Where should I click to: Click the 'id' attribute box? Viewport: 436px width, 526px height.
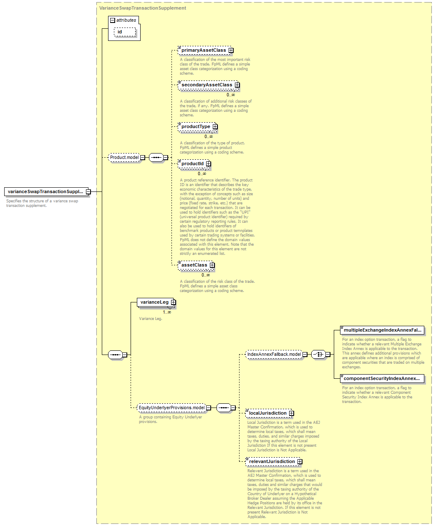point(125,32)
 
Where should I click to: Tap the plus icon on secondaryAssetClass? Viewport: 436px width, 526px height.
point(237,85)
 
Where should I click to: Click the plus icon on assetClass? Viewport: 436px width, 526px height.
point(212,265)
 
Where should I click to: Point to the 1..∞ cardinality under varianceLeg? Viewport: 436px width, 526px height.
point(167,312)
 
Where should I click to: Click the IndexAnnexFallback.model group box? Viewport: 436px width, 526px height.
point(274,354)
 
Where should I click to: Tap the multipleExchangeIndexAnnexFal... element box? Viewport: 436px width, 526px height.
point(382,330)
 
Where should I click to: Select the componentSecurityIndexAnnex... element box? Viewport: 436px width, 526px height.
point(382,378)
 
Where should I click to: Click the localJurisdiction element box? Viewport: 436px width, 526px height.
point(268,413)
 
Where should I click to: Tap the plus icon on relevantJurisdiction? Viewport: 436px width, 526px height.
point(300,461)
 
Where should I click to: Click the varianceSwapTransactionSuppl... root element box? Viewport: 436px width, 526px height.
point(46,192)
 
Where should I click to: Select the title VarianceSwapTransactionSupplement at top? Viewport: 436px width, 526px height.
point(143,8)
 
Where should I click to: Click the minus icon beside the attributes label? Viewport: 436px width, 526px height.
point(113,20)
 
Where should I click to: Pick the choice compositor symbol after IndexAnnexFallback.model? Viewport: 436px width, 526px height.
point(319,355)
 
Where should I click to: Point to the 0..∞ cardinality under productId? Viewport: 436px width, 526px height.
point(202,174)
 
